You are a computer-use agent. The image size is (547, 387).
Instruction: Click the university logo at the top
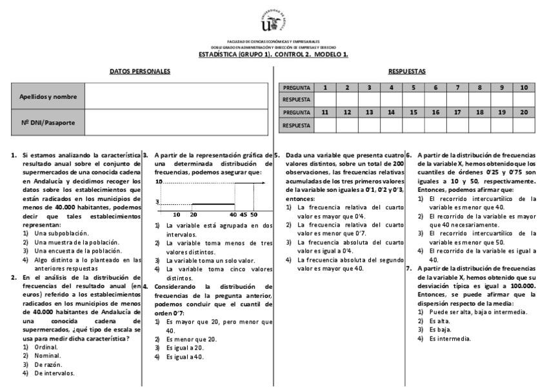[x=273, y=21]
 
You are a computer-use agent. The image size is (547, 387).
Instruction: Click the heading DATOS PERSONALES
[x=140, y=71]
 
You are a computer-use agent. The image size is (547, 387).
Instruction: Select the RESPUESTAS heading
[x=406, y=71]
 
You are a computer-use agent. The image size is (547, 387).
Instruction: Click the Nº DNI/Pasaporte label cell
[x=48, y=121]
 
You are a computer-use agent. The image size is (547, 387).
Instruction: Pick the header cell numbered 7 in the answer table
[x=457, y=87]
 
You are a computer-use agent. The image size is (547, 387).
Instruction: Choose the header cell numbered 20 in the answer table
[x=523, y=112]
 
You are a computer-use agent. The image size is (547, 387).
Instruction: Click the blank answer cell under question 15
[x=413, y=125]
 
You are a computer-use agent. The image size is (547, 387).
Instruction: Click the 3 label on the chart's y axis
[x=157, y=202]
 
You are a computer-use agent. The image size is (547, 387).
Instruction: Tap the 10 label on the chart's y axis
[x=158, y=183]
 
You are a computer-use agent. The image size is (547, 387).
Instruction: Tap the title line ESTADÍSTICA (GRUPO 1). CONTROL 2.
[x=273, y=54]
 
